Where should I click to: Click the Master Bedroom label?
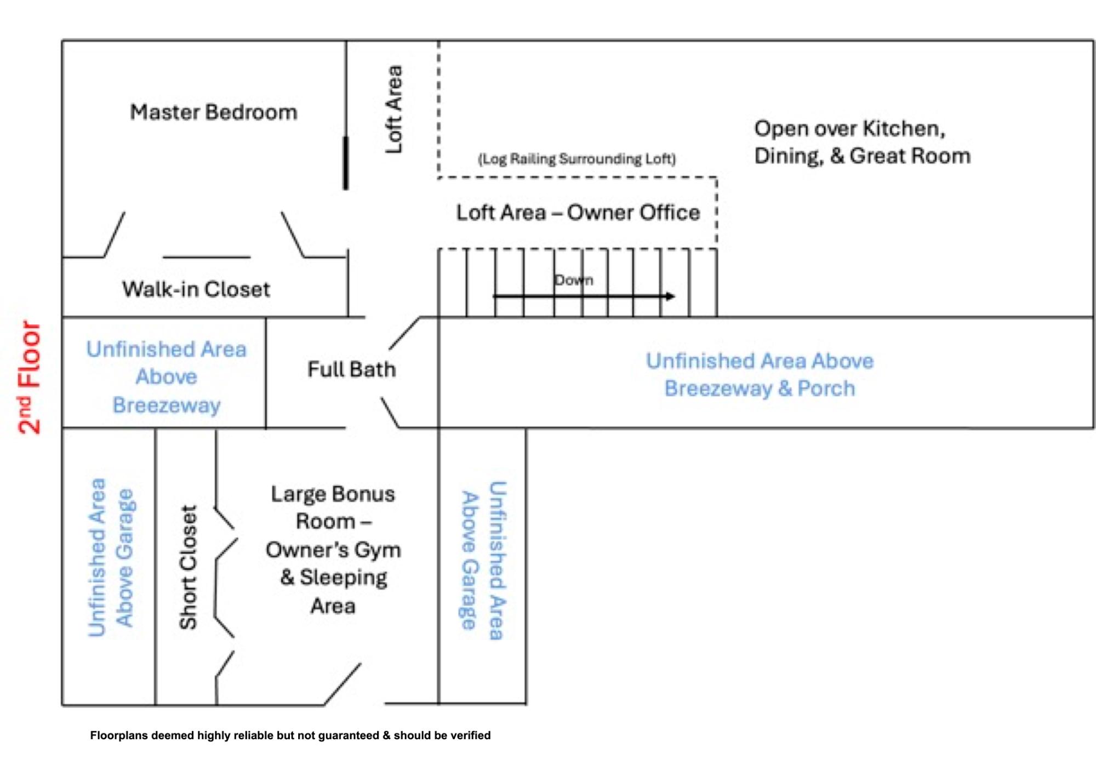coord(214,112)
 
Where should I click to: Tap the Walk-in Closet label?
coord(196,289)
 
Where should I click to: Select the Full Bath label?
coord(351,369)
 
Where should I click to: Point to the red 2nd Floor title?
coord(30,377)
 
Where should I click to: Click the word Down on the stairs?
coord(574,280)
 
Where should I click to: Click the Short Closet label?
coord(188,567)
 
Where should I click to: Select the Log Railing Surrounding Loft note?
coord(577,159)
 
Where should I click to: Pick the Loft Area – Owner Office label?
coord(578,212)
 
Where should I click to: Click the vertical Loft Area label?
coord(394,110)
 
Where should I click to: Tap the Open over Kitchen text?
coord(850,129)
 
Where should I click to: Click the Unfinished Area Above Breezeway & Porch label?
coord(760,374)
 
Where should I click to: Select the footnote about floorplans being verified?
coord(290,735)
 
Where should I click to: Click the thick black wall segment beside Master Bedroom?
coord(346,163)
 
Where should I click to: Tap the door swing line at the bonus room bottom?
coord(342,684)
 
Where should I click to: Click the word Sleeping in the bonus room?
coord(344,578)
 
